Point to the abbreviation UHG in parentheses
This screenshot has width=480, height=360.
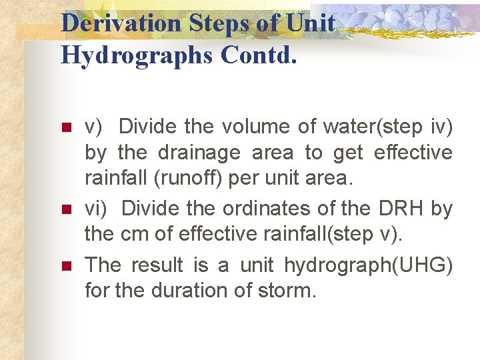427,265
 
